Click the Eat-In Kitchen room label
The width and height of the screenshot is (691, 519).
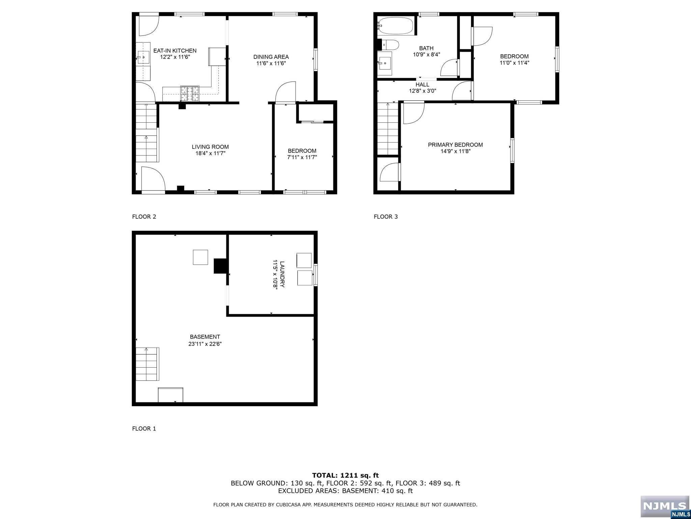click(x=175, y=51)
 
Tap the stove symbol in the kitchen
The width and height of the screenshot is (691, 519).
click(x=190, y=94)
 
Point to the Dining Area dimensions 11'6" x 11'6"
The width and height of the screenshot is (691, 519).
click(x=271, y=63)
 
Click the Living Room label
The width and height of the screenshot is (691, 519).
click(x=210, y=147)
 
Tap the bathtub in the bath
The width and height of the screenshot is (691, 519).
click(x=395, y=26)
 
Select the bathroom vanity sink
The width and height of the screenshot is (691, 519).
click(x=385, y=63)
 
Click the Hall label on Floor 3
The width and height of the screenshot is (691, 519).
click(x=422, y=85)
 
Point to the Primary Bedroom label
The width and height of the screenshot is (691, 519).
click(x=455, y=145)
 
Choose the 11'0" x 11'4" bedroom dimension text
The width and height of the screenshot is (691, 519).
click(x=514, y=63)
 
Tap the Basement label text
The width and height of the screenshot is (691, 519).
click(x=205, y=337)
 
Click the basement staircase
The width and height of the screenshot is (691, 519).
click(x=147, y=364)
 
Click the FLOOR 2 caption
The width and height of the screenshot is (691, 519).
click(x=144, y=217)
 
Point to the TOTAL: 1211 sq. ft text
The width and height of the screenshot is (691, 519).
click(x=345, y=475)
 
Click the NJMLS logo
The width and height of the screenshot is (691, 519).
click(x=664, y=507)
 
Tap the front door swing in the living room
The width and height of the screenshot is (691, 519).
click(x=153, y=179)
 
